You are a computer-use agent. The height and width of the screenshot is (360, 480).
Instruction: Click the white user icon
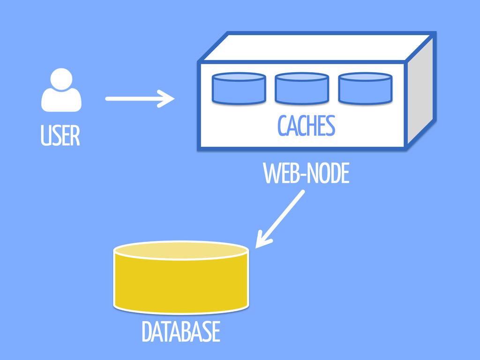(61, 91)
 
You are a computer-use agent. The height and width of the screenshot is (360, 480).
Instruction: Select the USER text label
(60, 136)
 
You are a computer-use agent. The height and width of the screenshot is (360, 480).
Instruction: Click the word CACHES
(306, 126)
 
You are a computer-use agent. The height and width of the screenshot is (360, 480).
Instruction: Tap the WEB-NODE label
(306, 175)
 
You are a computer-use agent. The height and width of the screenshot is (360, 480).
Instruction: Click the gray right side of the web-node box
(419, 94)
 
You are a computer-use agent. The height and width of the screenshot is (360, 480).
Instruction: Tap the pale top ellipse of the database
(181, 250)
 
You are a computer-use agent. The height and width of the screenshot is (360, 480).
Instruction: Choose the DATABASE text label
(180, 332)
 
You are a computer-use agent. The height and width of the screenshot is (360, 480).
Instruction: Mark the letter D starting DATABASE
(147, 332)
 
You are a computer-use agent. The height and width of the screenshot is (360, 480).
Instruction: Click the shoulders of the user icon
(61, 101)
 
